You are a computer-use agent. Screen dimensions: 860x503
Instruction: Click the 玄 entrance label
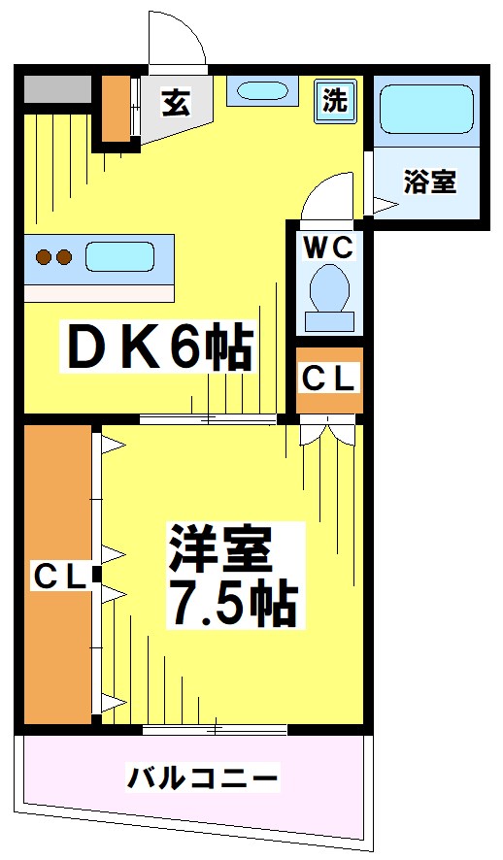click(x=175, y=101)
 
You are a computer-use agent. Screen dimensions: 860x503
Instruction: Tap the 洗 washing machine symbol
click(x=334, y=100)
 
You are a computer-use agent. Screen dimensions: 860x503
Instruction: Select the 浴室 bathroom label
click(x=429, y=181)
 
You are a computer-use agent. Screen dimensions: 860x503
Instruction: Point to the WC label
click(x=329, y=248)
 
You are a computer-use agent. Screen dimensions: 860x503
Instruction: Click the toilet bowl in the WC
click(x=329, y=289)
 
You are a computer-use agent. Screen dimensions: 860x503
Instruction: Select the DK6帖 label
click(x=158, y=347)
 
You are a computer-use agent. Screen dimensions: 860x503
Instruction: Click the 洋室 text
click(x=218, y=550)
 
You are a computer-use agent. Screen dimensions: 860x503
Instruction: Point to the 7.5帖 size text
click(x=233, y=603)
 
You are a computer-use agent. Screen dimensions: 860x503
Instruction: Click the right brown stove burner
click(x=64, y=258)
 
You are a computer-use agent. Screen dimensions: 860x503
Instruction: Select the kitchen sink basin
click(x=119, y=258)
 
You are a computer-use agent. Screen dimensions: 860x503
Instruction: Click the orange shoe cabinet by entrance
click(x=117, y=107)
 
